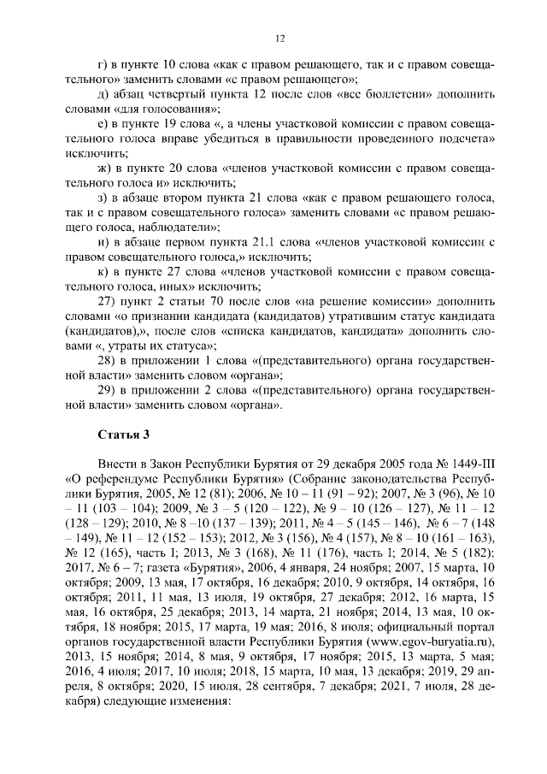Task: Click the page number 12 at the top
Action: coord(279,38)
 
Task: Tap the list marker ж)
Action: coord(106,168)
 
